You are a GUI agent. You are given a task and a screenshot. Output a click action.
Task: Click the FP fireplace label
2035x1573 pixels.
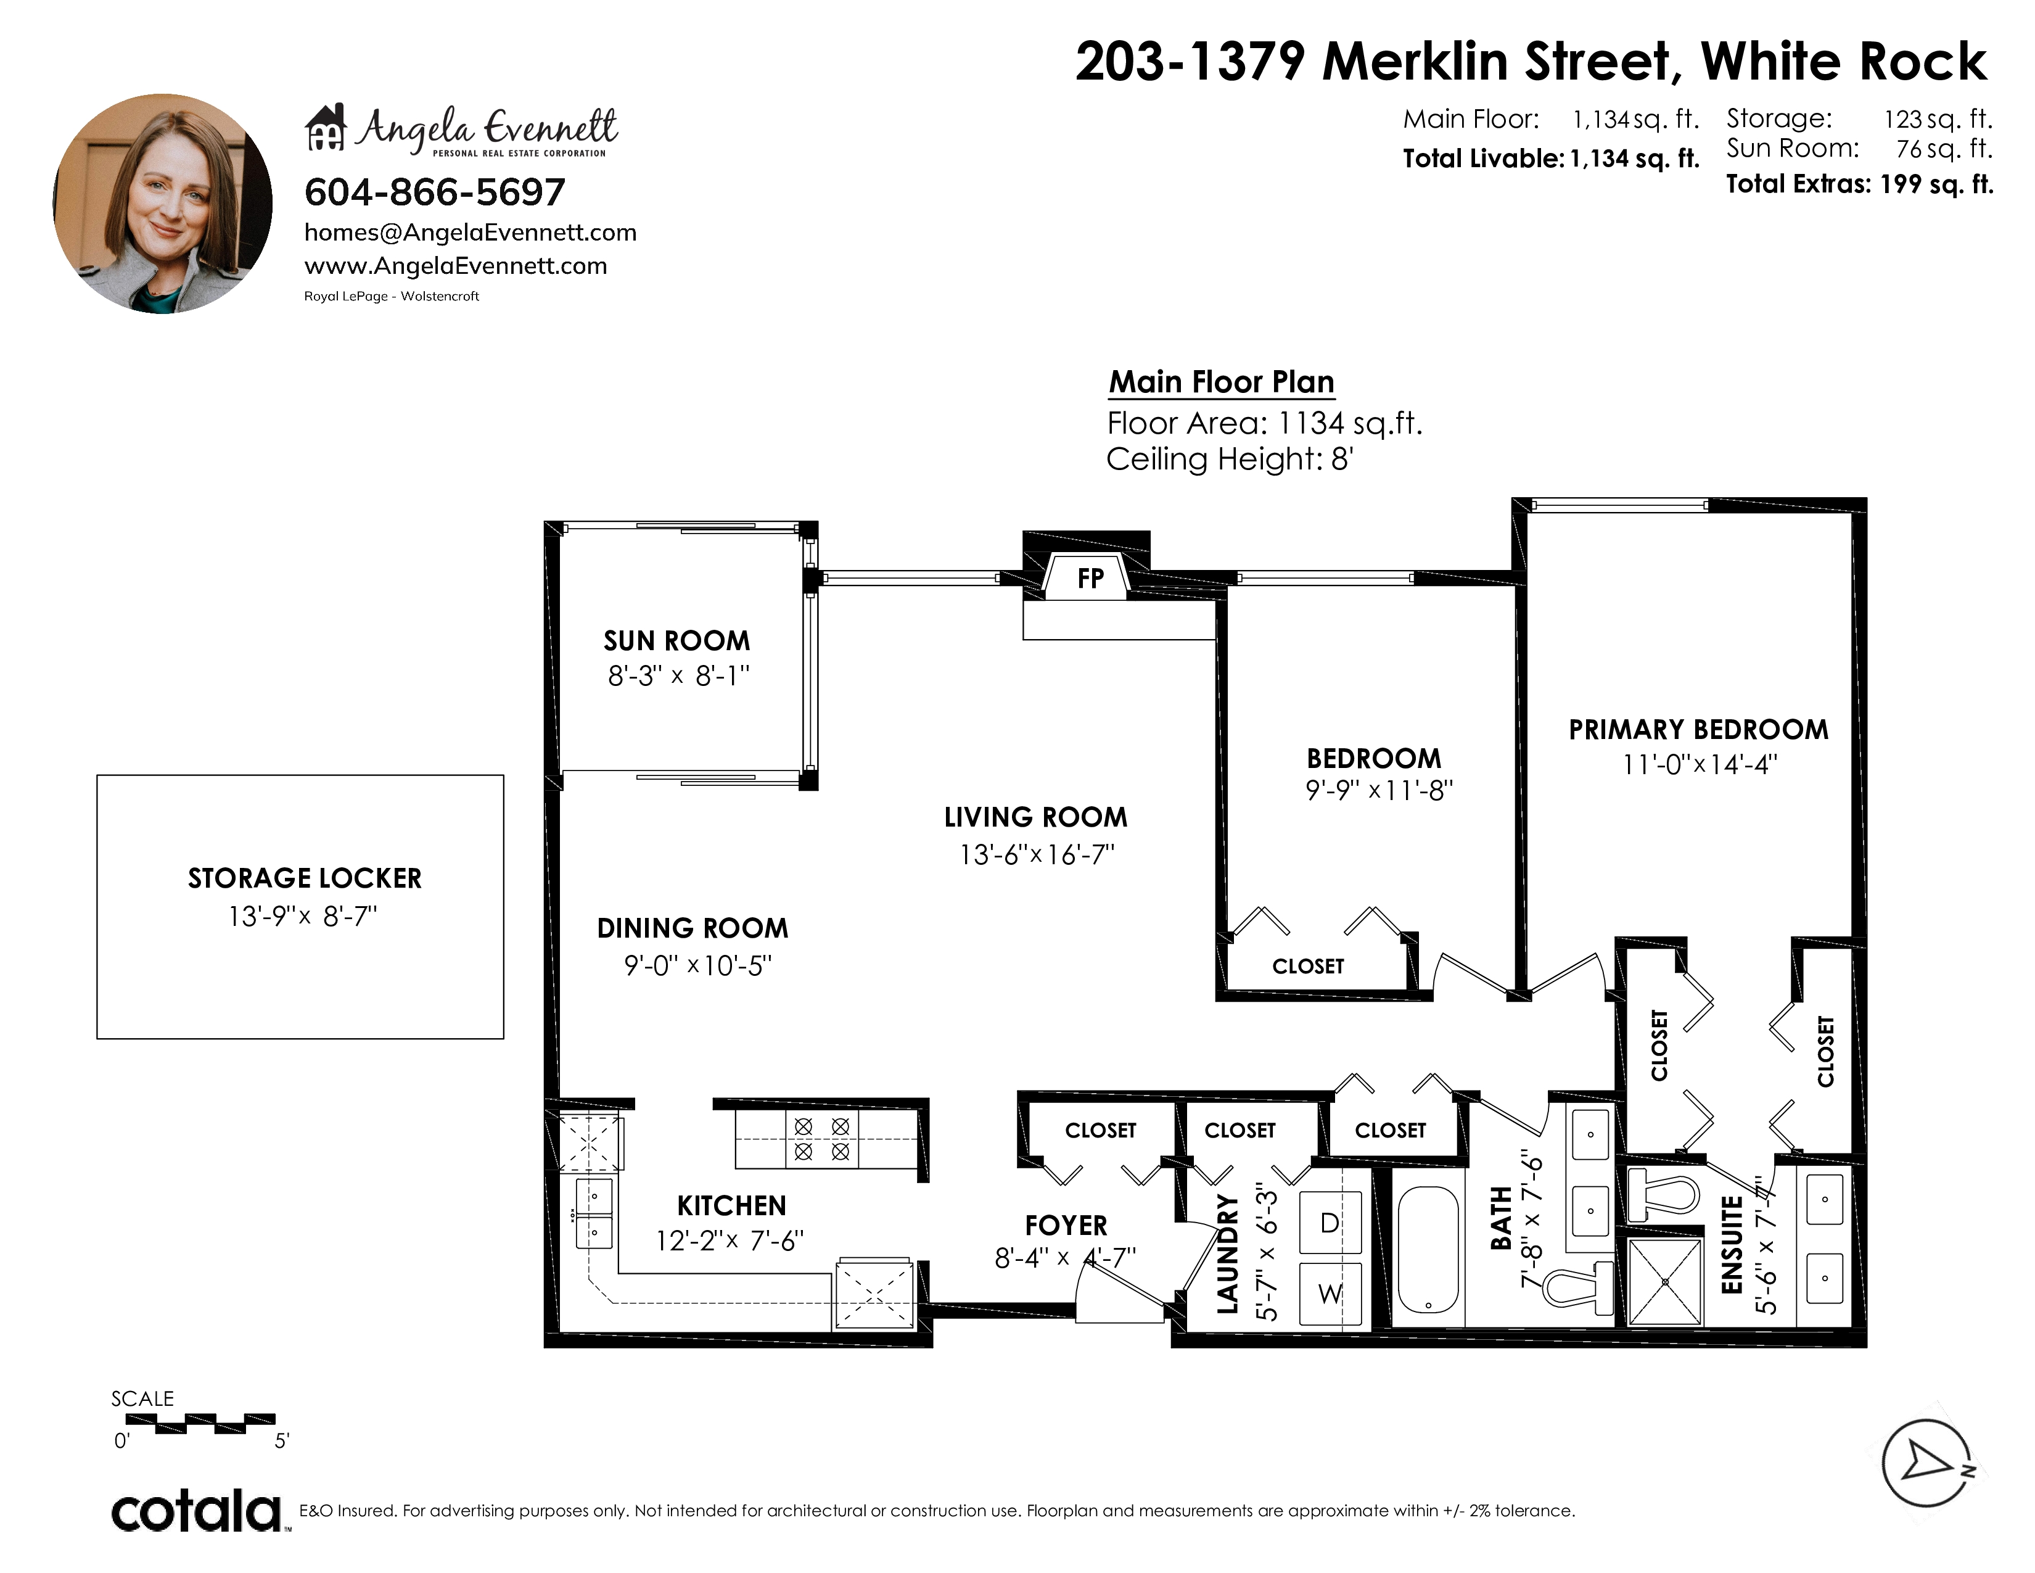1090,579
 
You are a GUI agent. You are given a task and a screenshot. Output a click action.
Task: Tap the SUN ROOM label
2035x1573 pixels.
676,641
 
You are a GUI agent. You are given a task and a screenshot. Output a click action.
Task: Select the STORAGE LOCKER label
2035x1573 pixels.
305,879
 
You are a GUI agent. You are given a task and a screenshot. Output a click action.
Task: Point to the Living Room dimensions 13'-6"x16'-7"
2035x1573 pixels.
1037,854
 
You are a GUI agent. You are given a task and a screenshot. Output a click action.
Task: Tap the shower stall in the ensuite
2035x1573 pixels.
1664,1281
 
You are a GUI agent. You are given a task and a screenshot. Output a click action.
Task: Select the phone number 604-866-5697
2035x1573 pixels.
435,193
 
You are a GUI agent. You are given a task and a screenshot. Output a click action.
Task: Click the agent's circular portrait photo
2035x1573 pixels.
162,203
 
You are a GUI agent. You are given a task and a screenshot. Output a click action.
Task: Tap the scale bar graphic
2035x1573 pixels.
200,1423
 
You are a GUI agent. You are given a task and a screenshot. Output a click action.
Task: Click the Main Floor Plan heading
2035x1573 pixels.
1222,382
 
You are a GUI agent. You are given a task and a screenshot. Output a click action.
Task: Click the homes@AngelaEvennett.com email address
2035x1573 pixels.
471,233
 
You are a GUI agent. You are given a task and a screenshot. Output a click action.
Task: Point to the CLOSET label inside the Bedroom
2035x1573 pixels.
1308,967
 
